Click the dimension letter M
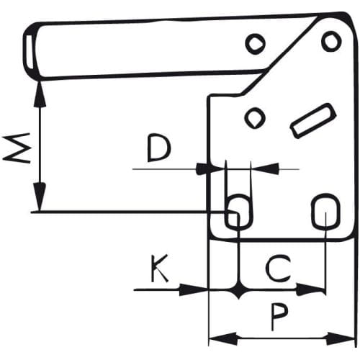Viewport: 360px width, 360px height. click(x=17, y=148)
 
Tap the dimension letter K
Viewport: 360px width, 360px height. click(x=160, y=269)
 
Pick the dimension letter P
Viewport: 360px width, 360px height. click(x=279, y=317)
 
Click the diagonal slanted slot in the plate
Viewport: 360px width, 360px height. click(x=312, y=121)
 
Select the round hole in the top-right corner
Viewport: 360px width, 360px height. click(x=331, y=41)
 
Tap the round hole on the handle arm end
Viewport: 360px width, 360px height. click(x=256, y=44)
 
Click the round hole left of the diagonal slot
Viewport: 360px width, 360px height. click(x=255, y=118)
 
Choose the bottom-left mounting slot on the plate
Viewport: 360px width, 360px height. click(x=238, y=211)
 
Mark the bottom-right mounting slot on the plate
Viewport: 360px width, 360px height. click(x=325, y=211)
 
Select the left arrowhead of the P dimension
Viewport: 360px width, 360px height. click(x=223, y=339)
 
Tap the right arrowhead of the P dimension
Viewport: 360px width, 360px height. click(x=341, y=338)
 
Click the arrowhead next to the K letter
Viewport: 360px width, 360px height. click(x=193, y=290)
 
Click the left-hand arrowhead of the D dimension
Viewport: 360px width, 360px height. click(x=210, y=169)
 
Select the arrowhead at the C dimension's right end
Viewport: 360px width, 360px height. click(x=311, y=289)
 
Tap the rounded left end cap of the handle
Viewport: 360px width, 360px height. click(x=31, y=51)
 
